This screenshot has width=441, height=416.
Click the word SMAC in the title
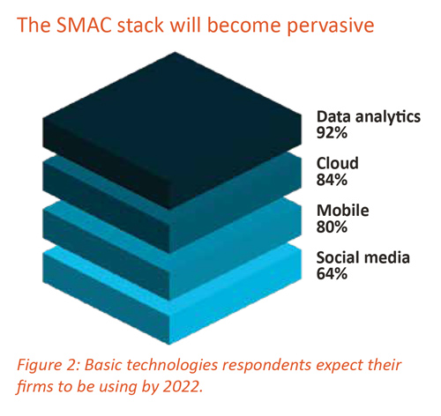(83, 25)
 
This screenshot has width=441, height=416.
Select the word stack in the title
(140, 25)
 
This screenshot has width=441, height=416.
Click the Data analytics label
(369, 116)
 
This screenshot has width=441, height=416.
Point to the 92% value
(332, 133)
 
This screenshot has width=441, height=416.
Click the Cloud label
(338, 163)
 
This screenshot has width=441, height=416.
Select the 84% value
(332, 180)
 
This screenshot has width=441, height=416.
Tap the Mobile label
(343, 211)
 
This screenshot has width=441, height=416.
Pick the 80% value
(332, 227)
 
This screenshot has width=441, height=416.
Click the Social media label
(363, 257)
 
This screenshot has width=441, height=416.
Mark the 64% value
(332, 274)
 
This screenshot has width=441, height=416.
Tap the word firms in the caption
(35, 386)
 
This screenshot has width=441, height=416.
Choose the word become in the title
(244, 25)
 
